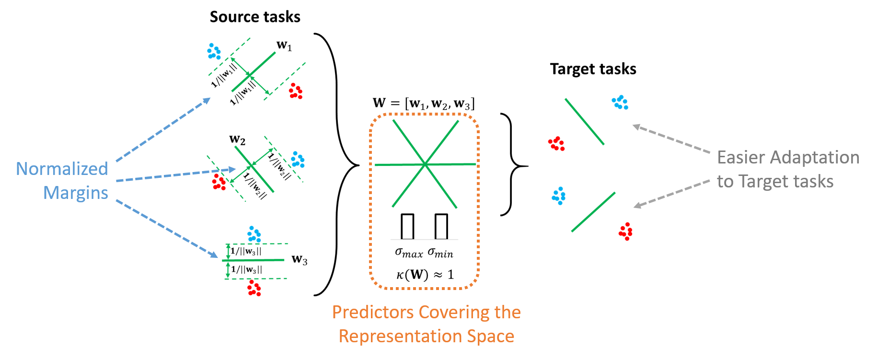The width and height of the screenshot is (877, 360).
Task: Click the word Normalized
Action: (x=62, y=169)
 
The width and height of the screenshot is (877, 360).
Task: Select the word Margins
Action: (x=76, y=193)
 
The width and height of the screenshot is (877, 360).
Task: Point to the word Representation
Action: (x=395, y=336)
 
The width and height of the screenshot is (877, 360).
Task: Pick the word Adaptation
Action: (x=815, y=157)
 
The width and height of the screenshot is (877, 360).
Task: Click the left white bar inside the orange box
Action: (x=407, y=227)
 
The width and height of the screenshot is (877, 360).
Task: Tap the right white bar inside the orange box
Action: (x=441, y=227)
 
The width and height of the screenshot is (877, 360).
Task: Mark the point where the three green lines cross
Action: (x=425, y=164)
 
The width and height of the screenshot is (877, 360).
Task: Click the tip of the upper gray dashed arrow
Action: (x=634, y=126)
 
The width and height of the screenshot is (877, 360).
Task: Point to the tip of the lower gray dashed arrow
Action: (x=634, y=207)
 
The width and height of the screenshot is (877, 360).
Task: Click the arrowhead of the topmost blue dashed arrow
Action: (x=209, y=99)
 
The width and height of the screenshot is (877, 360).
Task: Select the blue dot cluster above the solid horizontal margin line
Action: (x=254, y=234)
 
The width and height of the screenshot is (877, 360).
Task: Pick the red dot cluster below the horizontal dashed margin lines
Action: (x=254, y=288)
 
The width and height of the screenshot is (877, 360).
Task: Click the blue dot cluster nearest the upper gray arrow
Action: (x=620, y=102)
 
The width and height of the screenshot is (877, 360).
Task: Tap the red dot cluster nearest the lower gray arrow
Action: (x=625, y=231)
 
